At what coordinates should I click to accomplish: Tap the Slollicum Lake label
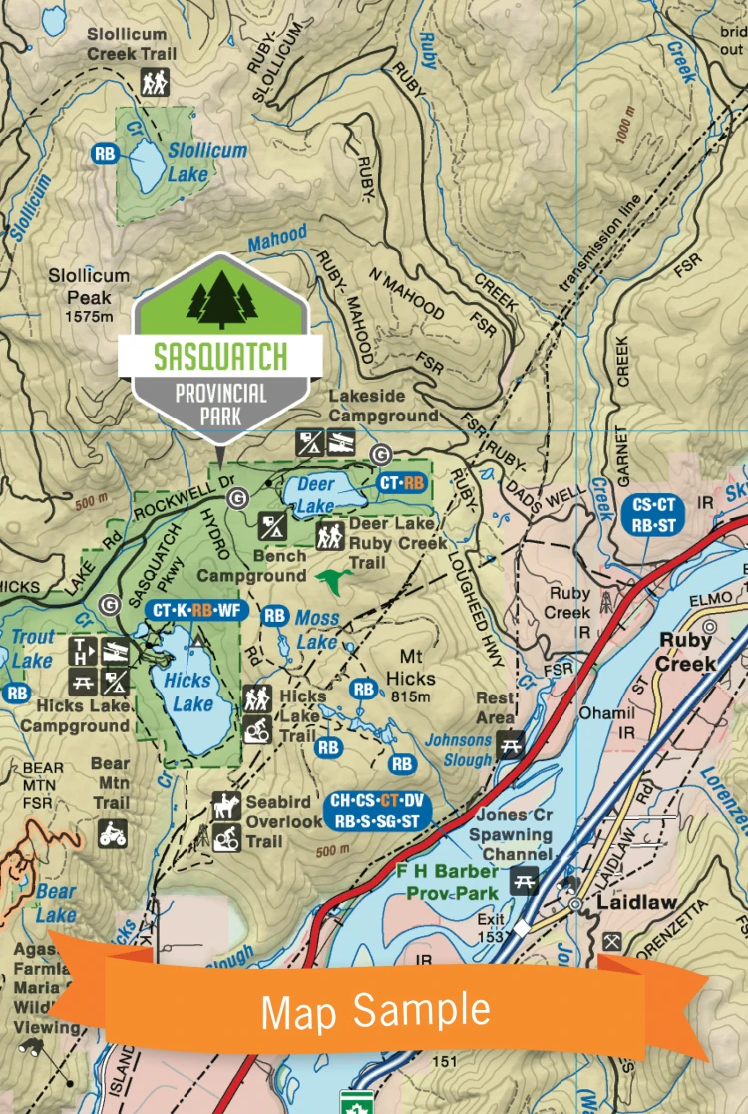pyautogui.click(x=192, y=162)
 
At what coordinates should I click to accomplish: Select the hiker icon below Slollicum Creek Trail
pyautogui.click(x=155, y=82)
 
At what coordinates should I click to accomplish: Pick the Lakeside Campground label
pyautogui.click(x=383, y=406)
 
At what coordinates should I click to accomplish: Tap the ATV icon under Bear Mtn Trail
pyautogui.click(x=112, y=832)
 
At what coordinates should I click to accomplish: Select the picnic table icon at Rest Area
pyautogui.click(x=511, y=744)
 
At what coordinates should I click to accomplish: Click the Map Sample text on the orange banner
pyautogui.click(x=375, y=1010)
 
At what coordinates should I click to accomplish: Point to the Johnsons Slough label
pyautogui.click(x=459, y=749)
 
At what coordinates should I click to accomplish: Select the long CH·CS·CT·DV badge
pyautogui.click(x=378, y=810)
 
